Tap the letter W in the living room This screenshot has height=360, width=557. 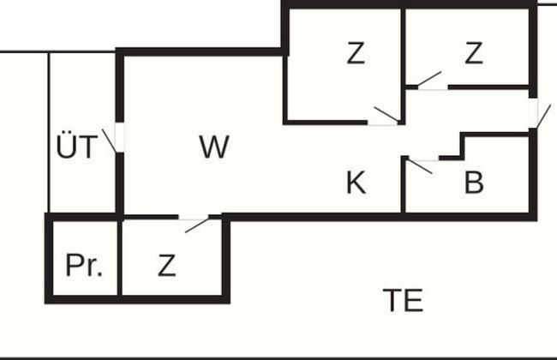pyautogui.click(x=213, y=147)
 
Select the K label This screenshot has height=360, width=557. pyautogui.click(x=356, y=182)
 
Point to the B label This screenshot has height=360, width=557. pyautogui.click(x=474, y=182)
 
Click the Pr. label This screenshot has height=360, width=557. pyautogui.click(x=83, y=266)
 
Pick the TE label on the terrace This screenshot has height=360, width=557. pyautogui.click(x=403, y=300)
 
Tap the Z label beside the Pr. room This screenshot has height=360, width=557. pyautogui.click(x=166, y=266)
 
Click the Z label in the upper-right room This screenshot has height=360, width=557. pyautogui.click(x=474, y=53)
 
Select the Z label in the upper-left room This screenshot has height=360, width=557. pyautogui.click(x=356, y=53)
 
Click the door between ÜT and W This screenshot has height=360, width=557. pyautogui.click(x=118, y=139)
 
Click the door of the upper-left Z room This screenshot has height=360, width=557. pyautogui.click(x=384, y=118)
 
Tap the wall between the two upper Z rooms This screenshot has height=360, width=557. pyautogui.click(x=403, y=47)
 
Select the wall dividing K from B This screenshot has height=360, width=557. pyautogui.click(x=403, y=184)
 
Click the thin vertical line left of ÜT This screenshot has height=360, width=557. pyautogui.click(x=49, y=129)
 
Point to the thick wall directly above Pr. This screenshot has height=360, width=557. pyautogui.click(x=83, y=216)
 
